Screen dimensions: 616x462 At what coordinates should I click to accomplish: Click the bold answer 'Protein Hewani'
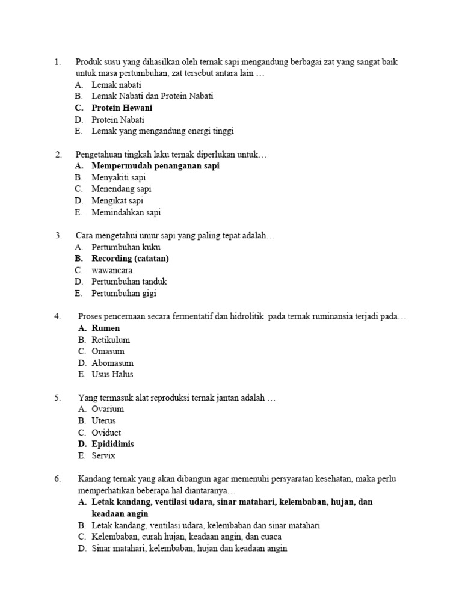click(122, 108)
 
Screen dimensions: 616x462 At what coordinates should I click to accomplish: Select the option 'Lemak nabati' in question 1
click(116, 85)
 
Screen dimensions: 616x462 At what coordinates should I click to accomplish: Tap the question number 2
click(58, 155)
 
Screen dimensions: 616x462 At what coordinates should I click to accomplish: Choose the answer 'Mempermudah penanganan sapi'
click(155, 166)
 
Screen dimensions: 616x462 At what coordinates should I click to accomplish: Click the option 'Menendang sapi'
click(121, 189)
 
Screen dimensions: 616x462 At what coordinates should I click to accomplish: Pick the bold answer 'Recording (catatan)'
click(130, 259)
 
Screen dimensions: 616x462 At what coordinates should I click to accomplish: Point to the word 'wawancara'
click(112, 270)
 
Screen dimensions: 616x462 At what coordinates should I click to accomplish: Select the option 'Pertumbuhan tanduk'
click(129, 282)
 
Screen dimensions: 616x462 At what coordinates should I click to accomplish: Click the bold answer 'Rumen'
click(105, 328)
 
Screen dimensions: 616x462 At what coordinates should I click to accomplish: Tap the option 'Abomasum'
click(112, 363)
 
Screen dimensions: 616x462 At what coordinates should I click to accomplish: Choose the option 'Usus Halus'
click(112, 374)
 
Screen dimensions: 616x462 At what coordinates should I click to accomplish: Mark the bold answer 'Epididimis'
click(112, 444)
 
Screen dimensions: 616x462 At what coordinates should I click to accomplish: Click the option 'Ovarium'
click(108, 409)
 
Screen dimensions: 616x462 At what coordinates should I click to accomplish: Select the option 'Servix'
click(103, 456)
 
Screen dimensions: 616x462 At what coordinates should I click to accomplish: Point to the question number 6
click(58, 479)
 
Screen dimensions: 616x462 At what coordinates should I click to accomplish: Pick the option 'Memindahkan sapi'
click(126, 212)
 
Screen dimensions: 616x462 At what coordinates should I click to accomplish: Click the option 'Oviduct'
click(106, 433)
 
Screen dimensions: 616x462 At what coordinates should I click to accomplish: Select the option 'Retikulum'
click(111, 340)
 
